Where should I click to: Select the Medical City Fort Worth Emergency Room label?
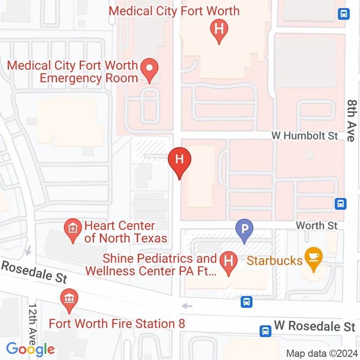tap(73, 72)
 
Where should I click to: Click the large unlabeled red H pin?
tap(180, 160)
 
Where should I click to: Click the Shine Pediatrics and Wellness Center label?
tap(160, 265)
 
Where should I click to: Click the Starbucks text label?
tap(274, 261)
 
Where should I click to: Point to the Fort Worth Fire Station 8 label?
tap(117, 324)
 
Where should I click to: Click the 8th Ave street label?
tap(351, 120)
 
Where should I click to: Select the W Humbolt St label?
tap(305, 135)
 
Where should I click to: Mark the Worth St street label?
tap(316, 225)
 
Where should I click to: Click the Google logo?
tap(30, 349)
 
